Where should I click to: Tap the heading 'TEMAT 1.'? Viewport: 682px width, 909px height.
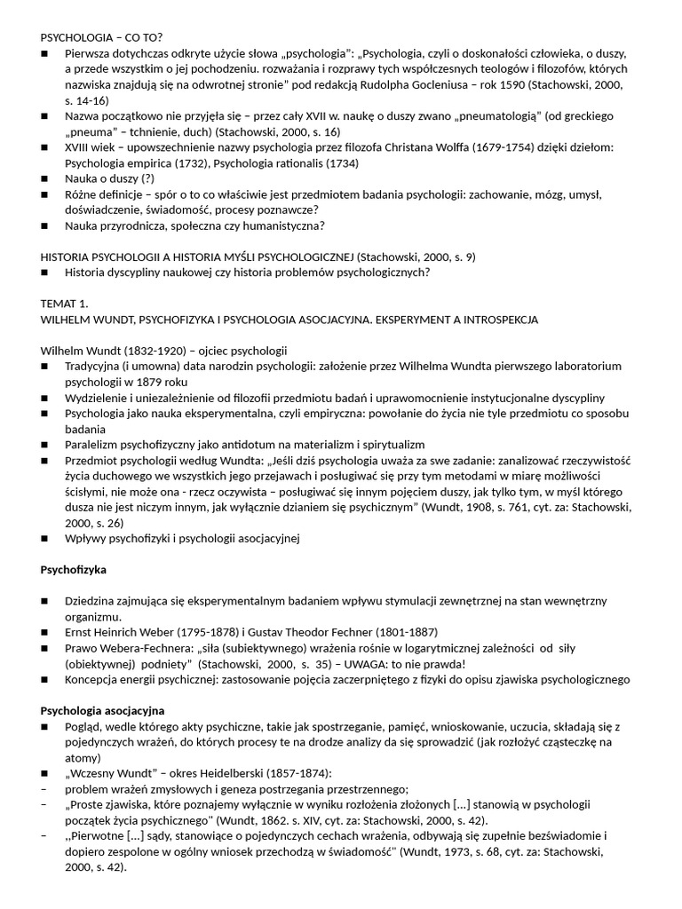(65, 303)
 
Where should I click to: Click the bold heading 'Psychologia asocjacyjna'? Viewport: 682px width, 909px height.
(103, 711)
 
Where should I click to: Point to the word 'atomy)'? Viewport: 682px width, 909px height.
(84, 759)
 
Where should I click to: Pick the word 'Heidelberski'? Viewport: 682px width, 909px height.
(233, 774)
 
